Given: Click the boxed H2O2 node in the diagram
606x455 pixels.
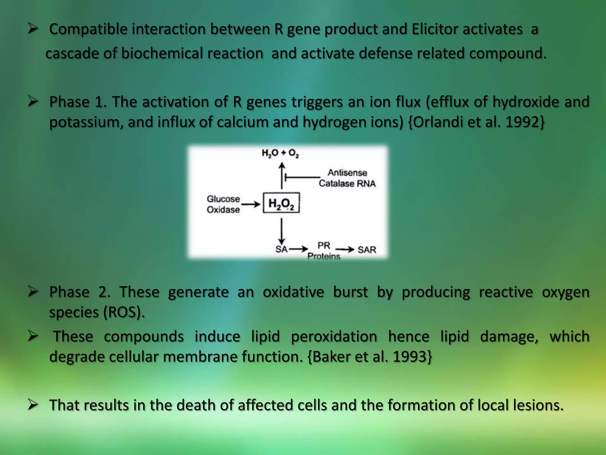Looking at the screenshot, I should coord(281,203).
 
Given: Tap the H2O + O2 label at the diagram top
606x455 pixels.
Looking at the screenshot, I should coord(280,153).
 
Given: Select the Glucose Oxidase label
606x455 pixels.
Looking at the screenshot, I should coord(223,204).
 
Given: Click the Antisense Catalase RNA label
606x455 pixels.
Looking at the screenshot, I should coord(347,178).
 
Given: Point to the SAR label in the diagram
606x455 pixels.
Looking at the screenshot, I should coord(367,250).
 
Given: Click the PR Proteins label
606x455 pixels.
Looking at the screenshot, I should coord(324,251).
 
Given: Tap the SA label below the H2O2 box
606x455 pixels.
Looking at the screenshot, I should coord(281,249).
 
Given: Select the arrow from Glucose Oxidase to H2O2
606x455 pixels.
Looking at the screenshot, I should coord(251,204).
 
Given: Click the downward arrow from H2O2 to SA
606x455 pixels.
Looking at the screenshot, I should coord(281,231).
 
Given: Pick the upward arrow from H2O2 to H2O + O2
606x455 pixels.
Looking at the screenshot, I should coord(282,175).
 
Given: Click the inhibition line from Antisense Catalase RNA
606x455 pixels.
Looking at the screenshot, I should coord(302,178).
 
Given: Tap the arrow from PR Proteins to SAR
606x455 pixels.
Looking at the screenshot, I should coord(345,249).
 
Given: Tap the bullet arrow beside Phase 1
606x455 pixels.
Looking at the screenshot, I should coord(33,101).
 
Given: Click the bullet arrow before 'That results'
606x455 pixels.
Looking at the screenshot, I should coord(33,405).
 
